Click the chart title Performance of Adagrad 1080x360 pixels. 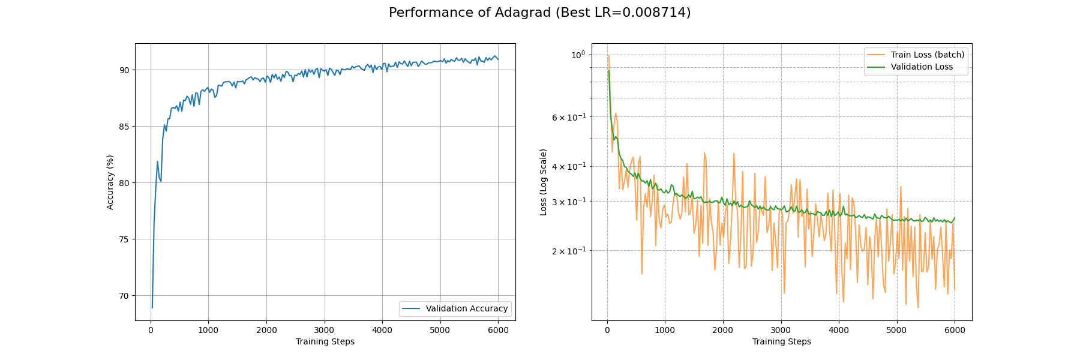pyautogui.click(x=539, y=13)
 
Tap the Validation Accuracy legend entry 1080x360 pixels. pyautogui.click(x=466, y=309)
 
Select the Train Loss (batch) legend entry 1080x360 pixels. pyautogui.click(x=927, y=55)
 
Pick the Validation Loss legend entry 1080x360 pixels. pyautogui.click(x=921, y=67)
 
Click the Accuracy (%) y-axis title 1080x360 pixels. pyautogui.click(x=110, y=182)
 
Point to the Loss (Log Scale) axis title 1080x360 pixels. pyautogui.click(x=544, y=182)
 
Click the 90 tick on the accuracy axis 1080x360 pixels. pyautogui.click(x=124, y=70)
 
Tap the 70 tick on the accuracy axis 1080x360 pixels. pyautogui.click(x=124, y=296)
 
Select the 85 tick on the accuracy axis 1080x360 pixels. pyautogui.click(x=124, y=127)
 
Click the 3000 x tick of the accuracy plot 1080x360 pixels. pyautogui.click(x=324, y=330)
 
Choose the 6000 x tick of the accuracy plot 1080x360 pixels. pyautogui.click(x=498, y=330)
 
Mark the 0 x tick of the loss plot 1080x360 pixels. pyautogui.click(x=607, y=330)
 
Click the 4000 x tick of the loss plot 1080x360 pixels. pyautogui.click(x=839, y=330)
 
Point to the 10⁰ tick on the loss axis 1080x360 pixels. pyautogui.click(x=578, y=55)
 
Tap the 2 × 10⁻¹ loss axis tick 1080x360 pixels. pyautogui.click(x=568, y=251)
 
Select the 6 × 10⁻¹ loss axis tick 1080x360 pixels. pyautogui.click(x=568, y=117)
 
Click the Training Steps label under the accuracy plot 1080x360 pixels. pyautogui.click(x=325, y=342)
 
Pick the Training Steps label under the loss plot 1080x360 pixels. pyautogui.click(x=781, y=342)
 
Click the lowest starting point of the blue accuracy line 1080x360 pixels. pyautogui.click(x=152, y=308)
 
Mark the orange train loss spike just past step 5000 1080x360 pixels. pyautogui.click(x=901, y=187)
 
